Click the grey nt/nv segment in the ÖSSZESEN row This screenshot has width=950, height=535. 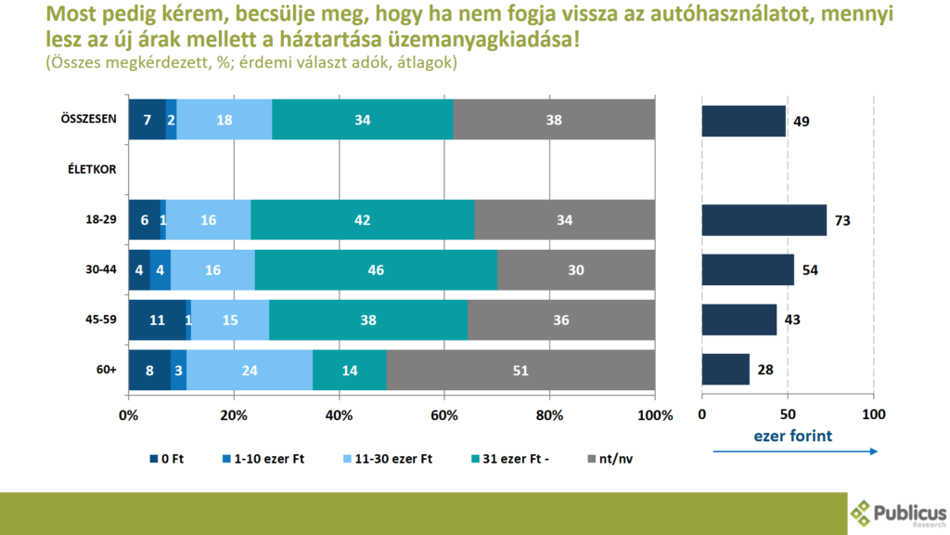point(554,120)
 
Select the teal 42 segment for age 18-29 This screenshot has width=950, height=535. point(362,220)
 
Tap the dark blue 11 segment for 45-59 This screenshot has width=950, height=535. point(157,320)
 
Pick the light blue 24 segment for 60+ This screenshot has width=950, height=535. point(250,370)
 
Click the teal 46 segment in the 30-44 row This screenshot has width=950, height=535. point(376,270)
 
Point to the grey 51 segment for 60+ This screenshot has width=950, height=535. point(520,370)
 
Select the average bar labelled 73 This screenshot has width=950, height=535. point(764,220)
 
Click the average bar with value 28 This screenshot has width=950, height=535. point(725,370)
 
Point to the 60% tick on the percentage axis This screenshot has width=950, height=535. point(444,414)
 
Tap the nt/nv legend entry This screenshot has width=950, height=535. point(610,459)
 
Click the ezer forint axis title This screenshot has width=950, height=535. point(793,434)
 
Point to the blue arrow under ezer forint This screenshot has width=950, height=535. point(795,451)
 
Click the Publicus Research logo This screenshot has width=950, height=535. point(898,513)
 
